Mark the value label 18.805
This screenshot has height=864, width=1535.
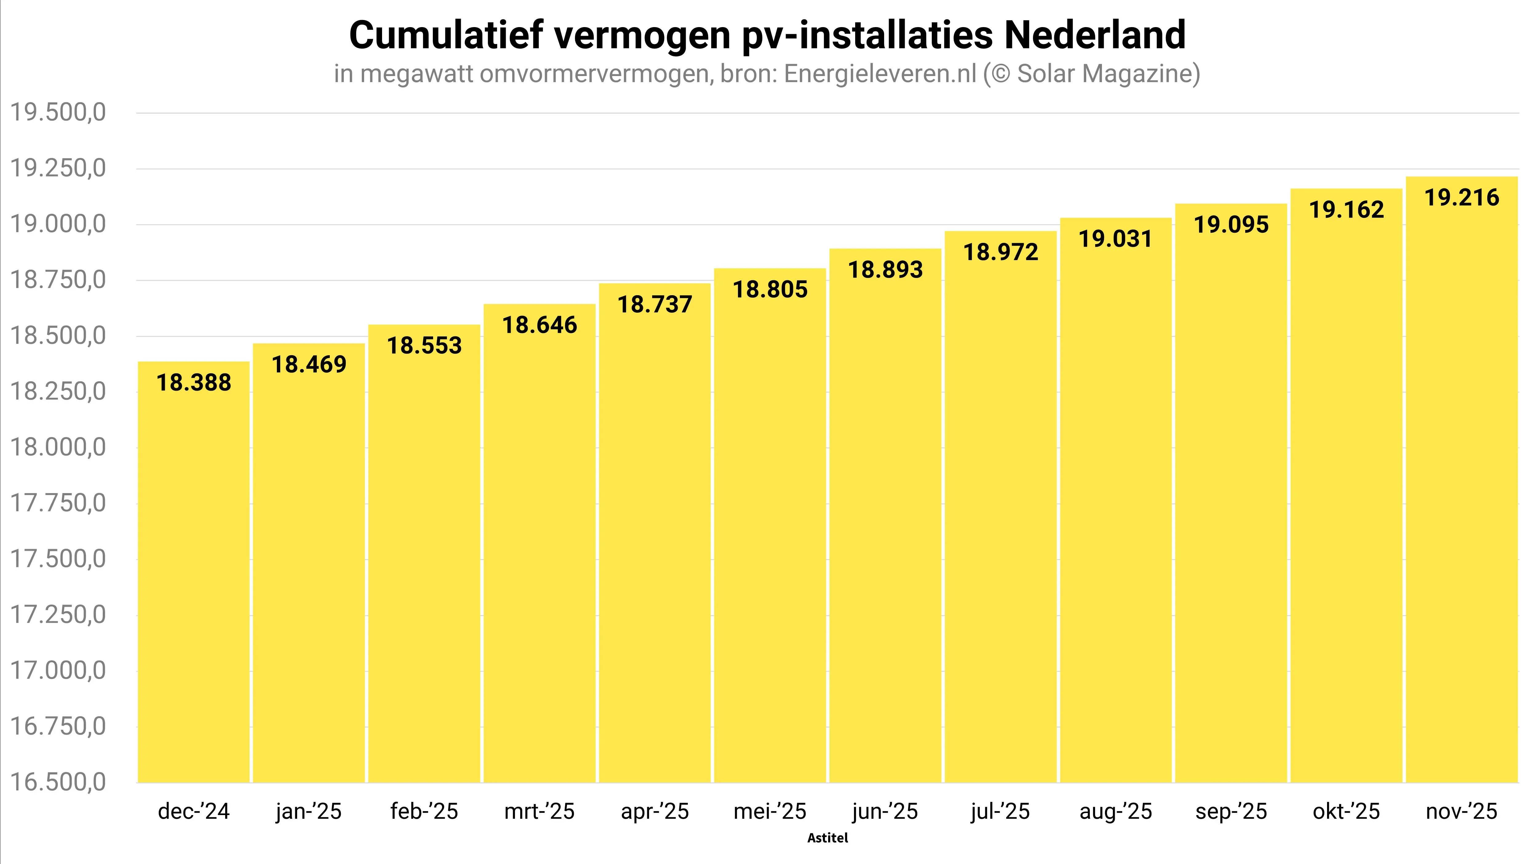pyautogui.click(x=770, y=290)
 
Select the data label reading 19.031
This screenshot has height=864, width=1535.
pyautogui.click(x=1115, y=239)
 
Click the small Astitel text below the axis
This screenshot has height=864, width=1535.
pyautogui.click(x=827, y=838)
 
